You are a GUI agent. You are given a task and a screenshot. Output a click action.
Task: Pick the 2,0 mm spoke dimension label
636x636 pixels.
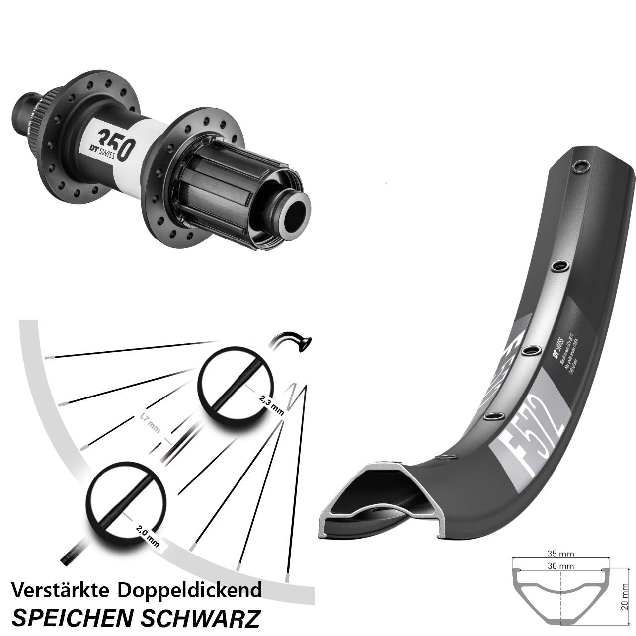pyautogui.click(x=147, y=536)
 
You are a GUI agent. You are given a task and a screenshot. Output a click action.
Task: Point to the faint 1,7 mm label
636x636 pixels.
pyautogui.click(x=150, y=424)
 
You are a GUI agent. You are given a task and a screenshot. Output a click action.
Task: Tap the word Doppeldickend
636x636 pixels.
pyautogui.click(x=190, y=590)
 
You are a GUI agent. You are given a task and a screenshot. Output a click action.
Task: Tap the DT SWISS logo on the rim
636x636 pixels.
pyautogui.click(x=557, y=347)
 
